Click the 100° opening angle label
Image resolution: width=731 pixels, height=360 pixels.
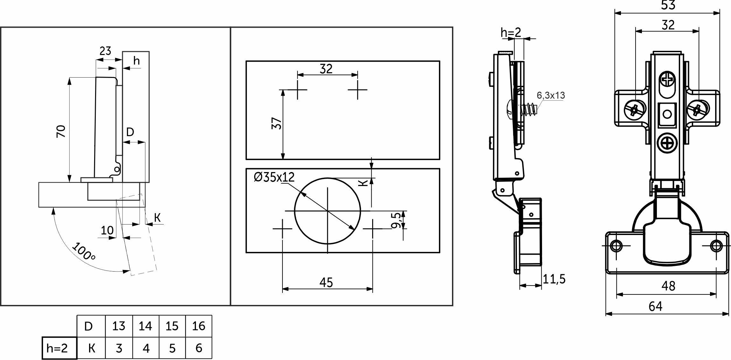(x=84, y=251)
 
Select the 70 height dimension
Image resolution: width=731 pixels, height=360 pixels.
(x=61, y=131)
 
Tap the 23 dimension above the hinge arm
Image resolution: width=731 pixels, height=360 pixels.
(x=105, y=51)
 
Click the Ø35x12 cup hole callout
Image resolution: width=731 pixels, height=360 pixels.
(x=274, y=177)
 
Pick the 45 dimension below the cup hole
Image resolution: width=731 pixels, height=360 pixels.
(x=326, y=282)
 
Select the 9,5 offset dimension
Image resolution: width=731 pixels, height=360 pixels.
(x=396, y=220)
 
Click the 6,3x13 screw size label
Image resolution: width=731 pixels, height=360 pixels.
(x=551, y=95)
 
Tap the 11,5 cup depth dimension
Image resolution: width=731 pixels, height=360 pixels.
(x=554, y=279)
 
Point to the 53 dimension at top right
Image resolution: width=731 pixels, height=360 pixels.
(x=668, y=5)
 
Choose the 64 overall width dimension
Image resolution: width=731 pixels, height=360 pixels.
(x=655, y=306)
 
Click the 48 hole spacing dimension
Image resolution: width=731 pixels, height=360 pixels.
(x=668, y=286)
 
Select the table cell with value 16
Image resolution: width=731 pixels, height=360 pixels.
(x=198, y=326)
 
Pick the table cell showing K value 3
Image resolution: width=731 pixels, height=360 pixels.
(x=119, y=348)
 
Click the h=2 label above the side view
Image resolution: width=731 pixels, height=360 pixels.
(x=511, y=32)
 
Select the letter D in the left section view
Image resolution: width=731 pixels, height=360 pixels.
(x=130, y=132)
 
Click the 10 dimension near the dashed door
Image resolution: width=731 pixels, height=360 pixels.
(x=107, y=230)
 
